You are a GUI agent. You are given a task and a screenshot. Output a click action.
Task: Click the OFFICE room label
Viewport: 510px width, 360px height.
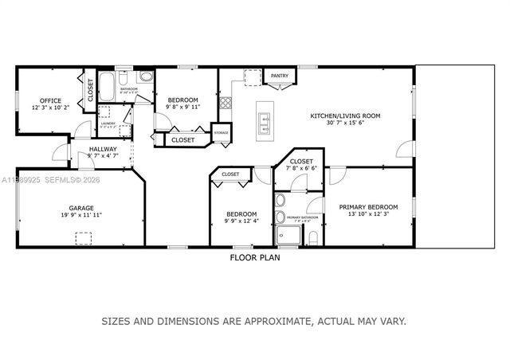(51, 100)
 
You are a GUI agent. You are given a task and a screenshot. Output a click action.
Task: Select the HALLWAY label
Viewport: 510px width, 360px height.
(103, 149)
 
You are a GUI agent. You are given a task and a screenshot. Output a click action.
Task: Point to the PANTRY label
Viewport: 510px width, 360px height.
(279, 76)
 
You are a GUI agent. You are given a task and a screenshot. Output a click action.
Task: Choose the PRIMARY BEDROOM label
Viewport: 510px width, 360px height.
(368, 207)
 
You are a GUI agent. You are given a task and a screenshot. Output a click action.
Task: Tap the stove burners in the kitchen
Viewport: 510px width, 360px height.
(226, 102)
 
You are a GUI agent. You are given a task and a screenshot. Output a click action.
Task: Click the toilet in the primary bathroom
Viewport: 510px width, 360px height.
(312, 237)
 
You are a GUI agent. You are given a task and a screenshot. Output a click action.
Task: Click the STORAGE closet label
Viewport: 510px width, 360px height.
(221, 133)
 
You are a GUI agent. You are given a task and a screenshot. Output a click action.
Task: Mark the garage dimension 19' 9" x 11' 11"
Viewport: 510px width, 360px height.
(82, 215)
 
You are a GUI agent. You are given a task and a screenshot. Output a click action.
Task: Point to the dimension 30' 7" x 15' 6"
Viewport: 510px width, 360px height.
(345, 123)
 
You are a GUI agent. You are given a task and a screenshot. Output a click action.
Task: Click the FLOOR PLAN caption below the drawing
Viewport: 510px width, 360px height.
(254, 257)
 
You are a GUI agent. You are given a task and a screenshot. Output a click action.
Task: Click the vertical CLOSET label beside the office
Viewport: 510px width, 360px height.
(90, 90)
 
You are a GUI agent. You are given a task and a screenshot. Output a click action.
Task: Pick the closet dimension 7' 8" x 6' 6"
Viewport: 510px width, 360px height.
(302, 168)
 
